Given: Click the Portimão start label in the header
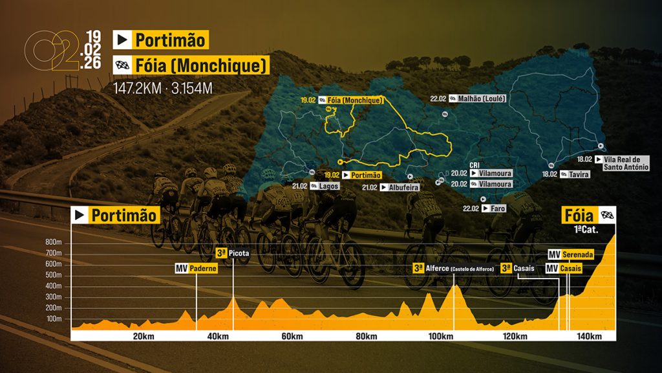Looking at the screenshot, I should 170,40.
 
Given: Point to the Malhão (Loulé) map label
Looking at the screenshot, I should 486,99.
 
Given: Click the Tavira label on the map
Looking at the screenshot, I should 577,174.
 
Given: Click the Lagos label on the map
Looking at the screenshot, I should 328,186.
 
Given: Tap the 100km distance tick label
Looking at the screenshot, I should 441,336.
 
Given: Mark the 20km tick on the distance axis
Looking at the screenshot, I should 143,336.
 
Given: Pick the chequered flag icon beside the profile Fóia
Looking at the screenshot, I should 606,215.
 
